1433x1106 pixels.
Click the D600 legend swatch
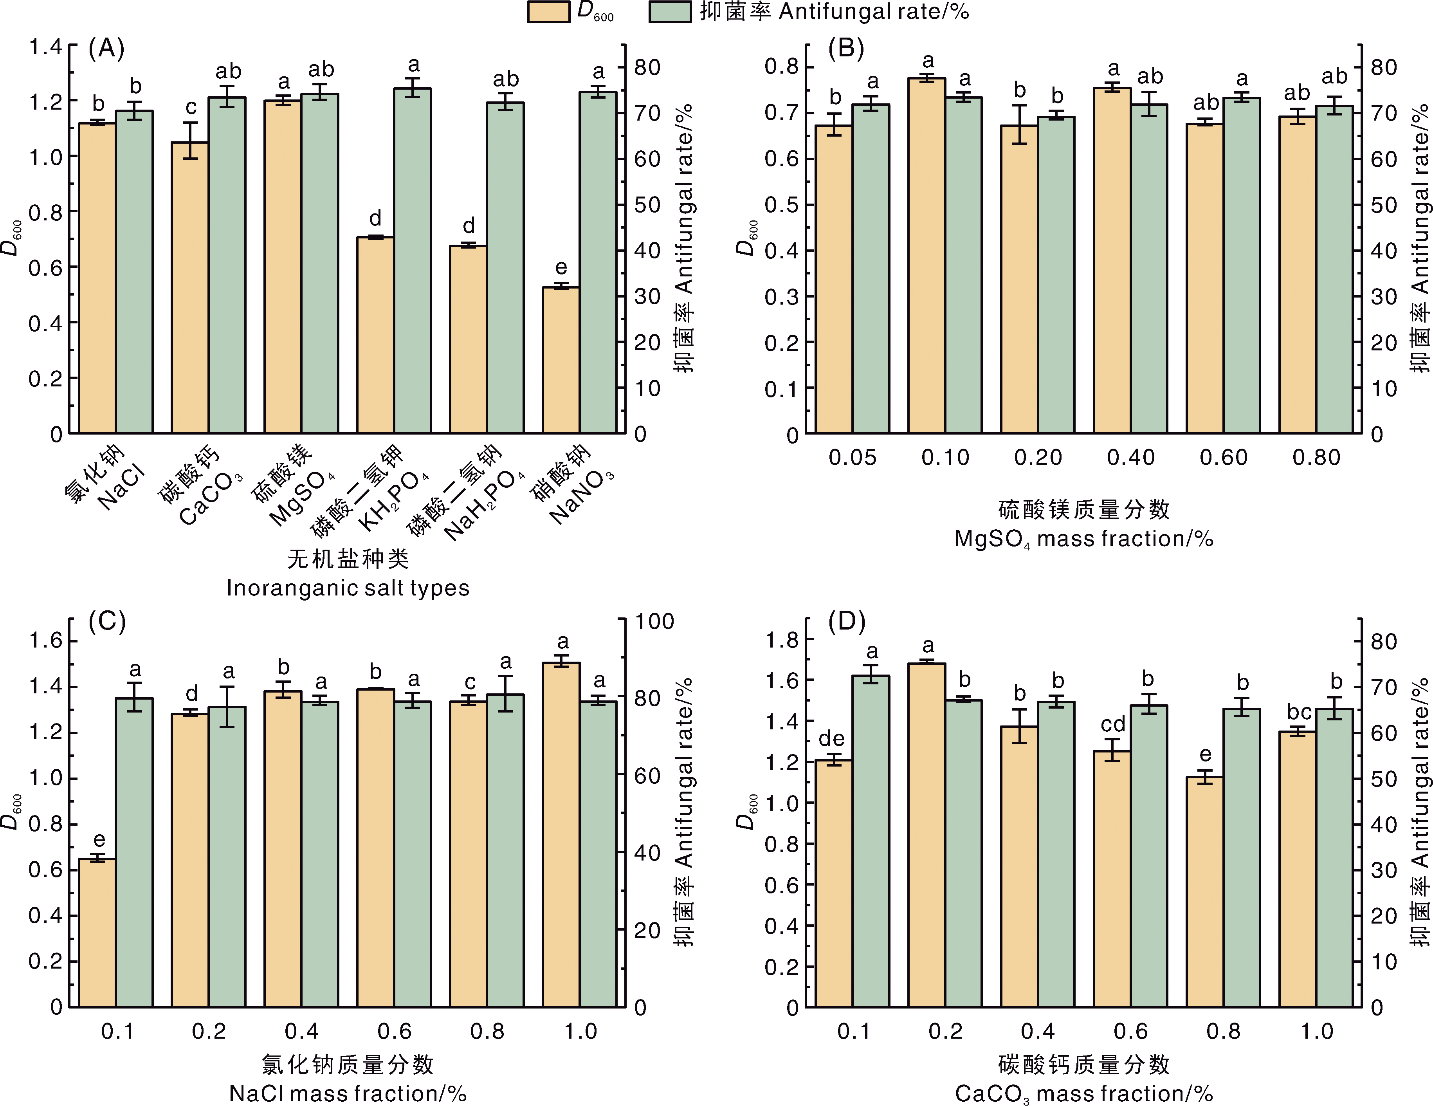(x=548, y=12)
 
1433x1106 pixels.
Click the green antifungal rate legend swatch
(x=669, y=12)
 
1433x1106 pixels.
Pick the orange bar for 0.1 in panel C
(x=97, y=932)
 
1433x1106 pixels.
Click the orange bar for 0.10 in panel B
(x=926, y=256)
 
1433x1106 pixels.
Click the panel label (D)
(x=846, y=621)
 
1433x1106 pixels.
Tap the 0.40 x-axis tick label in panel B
(x=1130, y=458)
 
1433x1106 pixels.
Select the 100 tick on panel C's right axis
(x=654, y=621)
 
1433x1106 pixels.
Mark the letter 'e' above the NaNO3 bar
(x=561, y=267)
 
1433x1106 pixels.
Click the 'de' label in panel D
(x=832, y=738)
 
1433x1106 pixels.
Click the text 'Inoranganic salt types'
(x=348, y=588)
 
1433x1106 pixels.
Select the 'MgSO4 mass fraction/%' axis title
(x=1083, y=539)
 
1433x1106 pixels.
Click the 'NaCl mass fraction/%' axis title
(x=348, y=1093)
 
